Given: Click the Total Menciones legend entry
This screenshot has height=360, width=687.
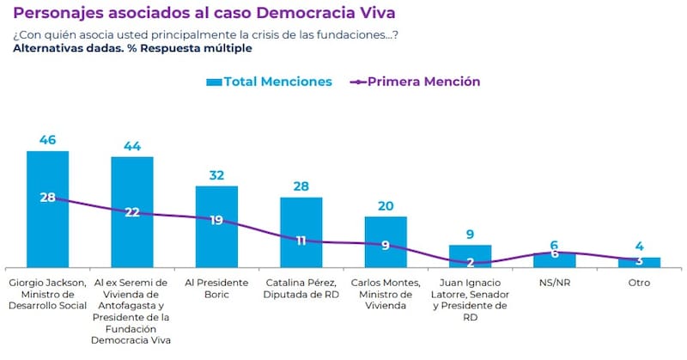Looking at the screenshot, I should click(x=268, y=82).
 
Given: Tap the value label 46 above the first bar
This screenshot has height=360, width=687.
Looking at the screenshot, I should click(x=47, y=139).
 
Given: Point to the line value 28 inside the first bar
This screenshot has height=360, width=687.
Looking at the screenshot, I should click(x=47, y=197).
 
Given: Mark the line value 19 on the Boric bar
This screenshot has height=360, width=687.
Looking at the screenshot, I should click(x=216, y=220).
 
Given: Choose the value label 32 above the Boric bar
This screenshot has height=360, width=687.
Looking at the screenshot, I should click(x=216, y=174).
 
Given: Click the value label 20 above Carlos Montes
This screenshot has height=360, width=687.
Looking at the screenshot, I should click(x=386, y=205).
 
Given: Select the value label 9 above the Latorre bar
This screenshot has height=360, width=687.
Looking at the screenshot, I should click(x=470, y=234).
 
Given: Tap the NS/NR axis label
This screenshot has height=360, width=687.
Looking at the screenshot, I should click(x=554, y=282).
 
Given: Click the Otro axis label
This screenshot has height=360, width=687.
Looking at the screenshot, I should click(x=639, y=282).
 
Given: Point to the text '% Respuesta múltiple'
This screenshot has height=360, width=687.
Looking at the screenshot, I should click(x=194, y=48).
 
